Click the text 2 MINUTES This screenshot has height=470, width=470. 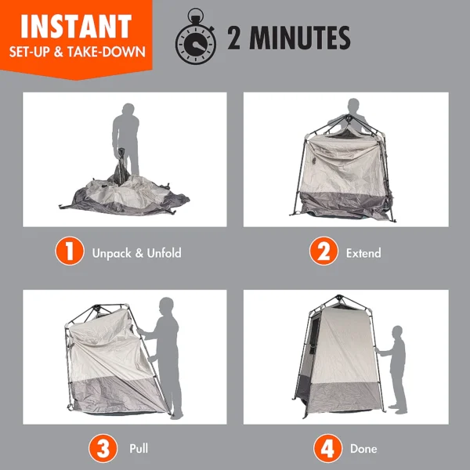(288, 38)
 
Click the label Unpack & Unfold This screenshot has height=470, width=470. (137, 254)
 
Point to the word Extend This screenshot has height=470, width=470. (363, 254)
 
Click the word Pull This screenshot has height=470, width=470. (139, 450)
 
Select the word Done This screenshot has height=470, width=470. (364, 450)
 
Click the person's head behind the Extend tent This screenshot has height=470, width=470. (353, 106)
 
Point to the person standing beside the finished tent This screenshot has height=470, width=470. (398, 368)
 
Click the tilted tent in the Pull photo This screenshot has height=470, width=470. (110, 360)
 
